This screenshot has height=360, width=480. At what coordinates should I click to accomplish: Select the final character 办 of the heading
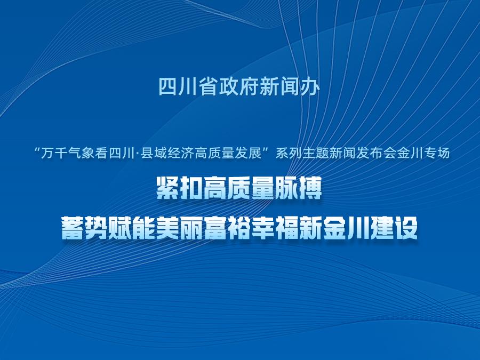point(311,87)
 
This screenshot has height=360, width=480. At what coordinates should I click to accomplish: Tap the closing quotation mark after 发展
point(268,150)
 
